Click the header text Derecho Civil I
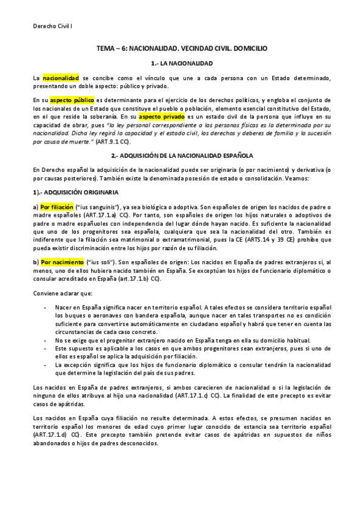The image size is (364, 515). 52,27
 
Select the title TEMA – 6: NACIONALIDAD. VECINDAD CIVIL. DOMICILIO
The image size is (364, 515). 182,47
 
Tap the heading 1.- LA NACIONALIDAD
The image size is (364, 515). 181,63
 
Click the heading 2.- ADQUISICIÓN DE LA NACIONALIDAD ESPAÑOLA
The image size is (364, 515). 182,156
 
